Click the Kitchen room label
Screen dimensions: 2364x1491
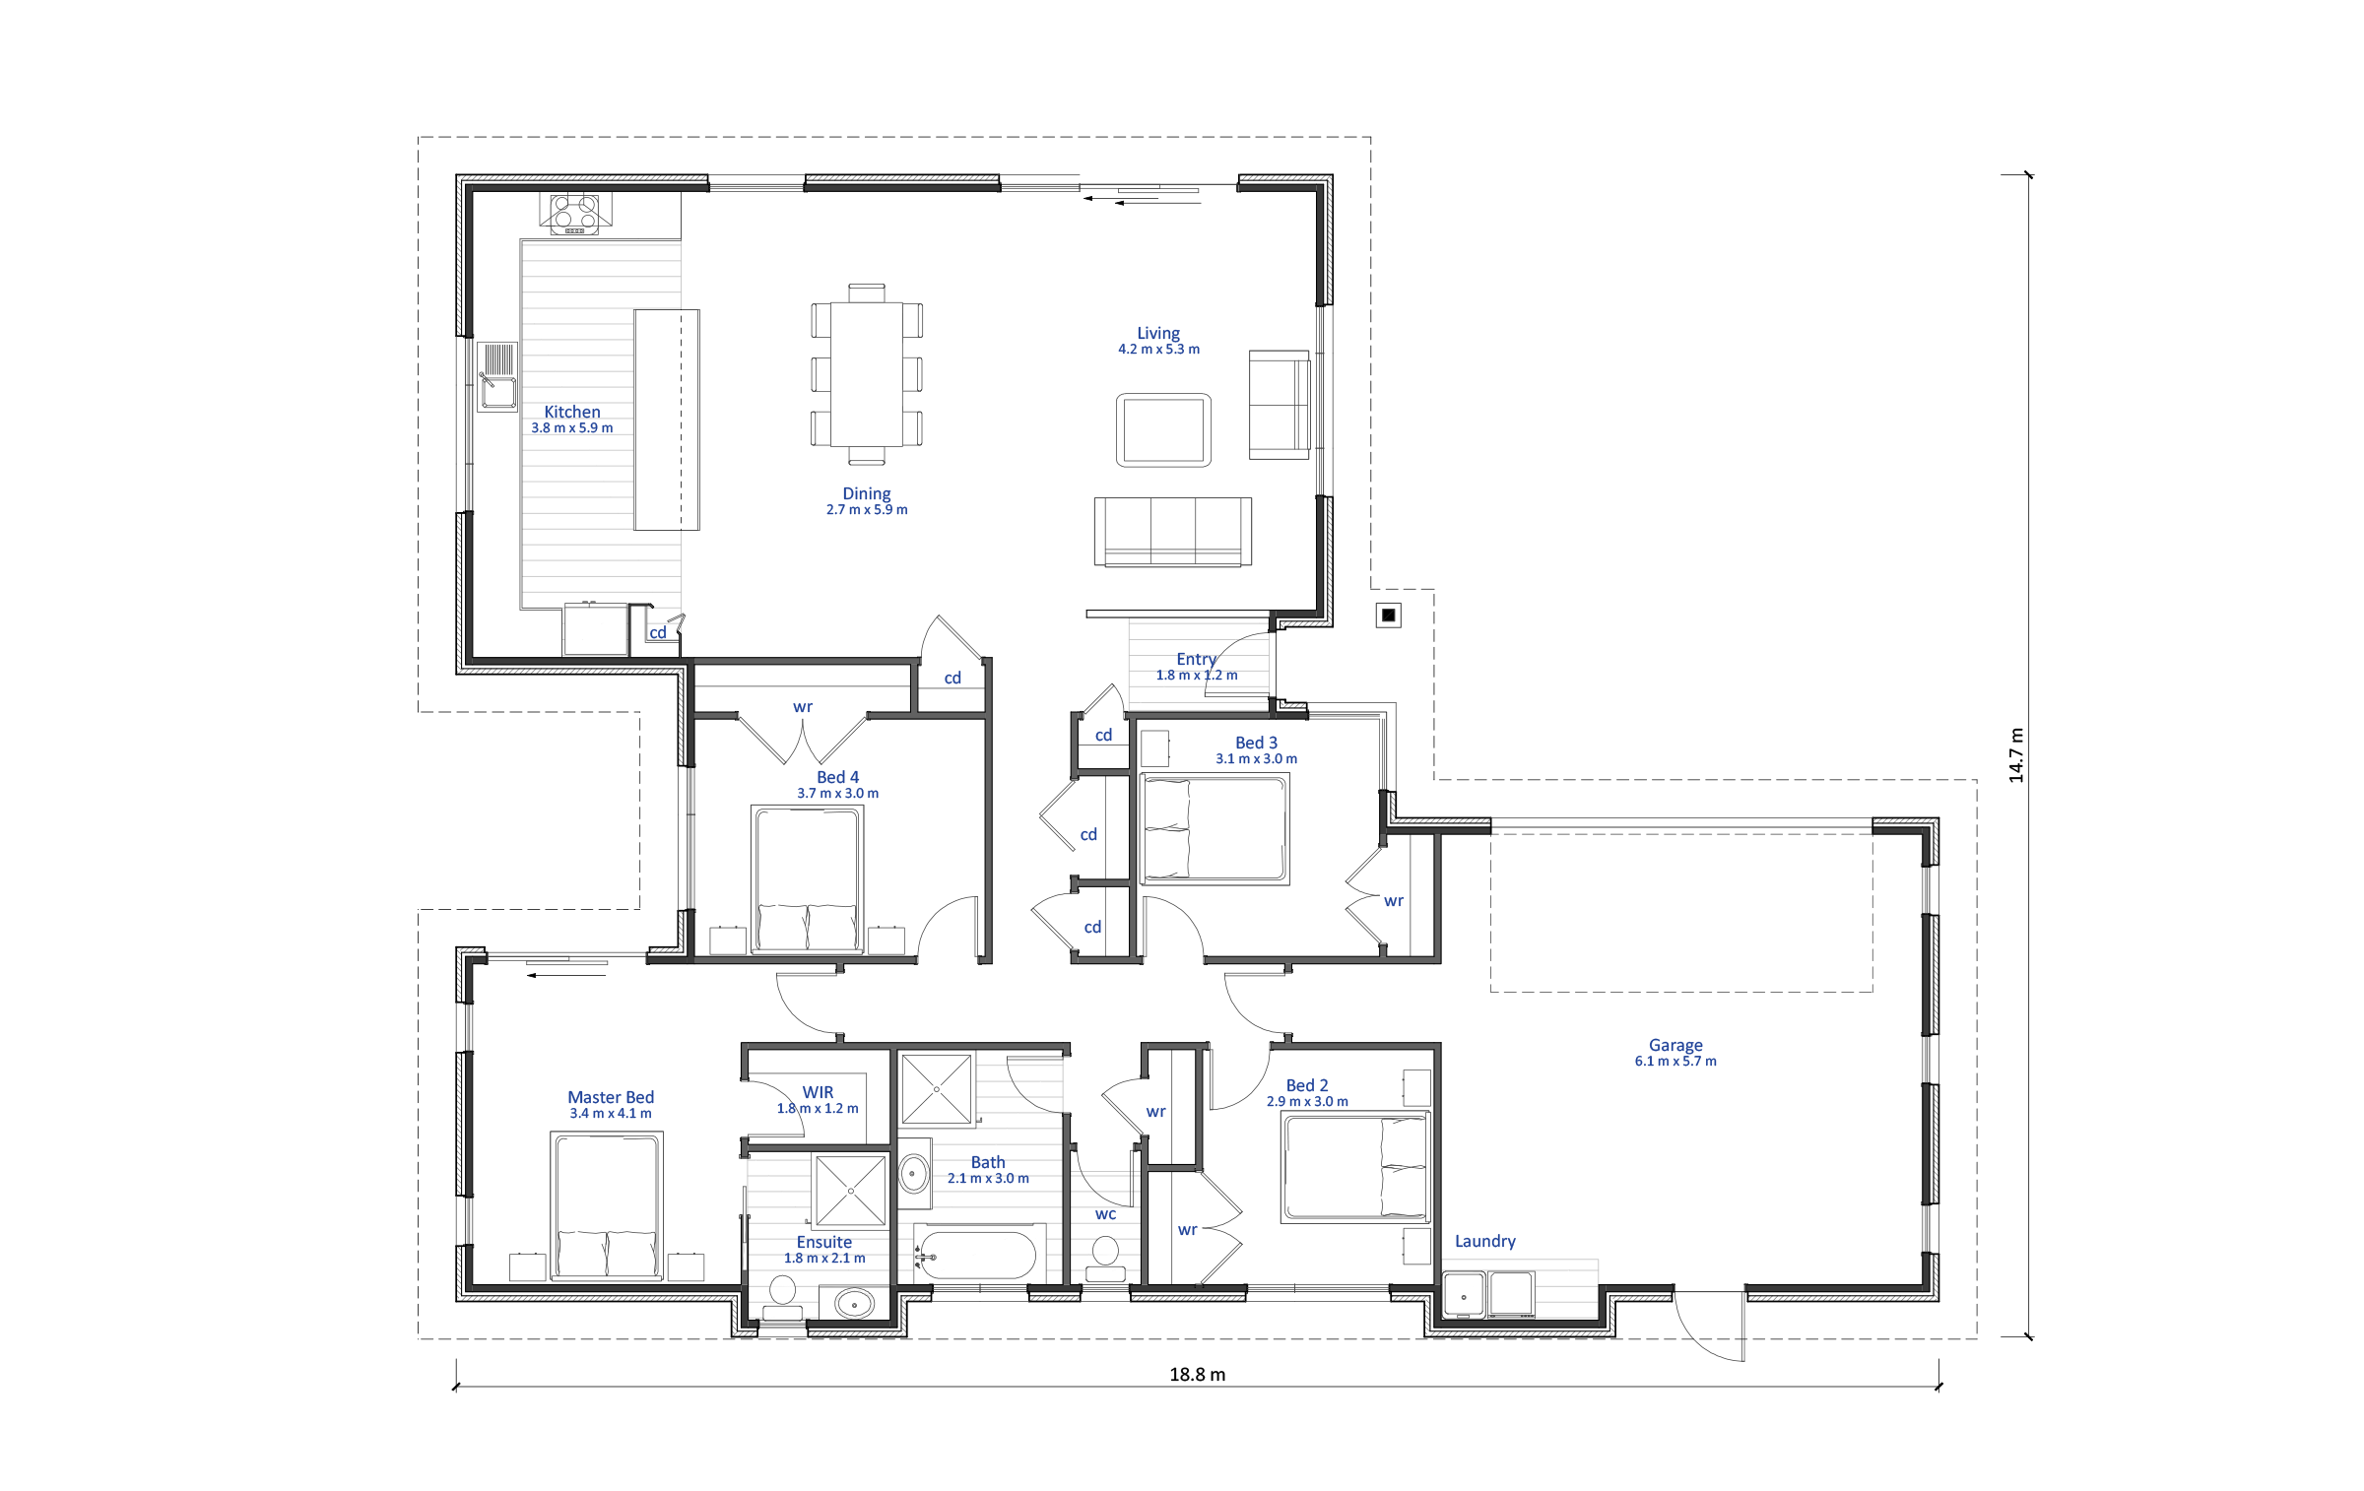point(571,412)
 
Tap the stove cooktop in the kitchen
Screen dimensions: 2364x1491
point(574,214)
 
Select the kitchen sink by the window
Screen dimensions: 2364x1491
point(497,375)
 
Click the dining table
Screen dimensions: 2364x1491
point(867,374)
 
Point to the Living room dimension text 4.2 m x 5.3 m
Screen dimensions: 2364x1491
point(1158,349)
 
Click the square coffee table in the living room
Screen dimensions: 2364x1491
point(1163,430)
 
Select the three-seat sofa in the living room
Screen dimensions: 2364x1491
point(1173,532)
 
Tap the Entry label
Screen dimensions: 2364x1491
point(1196,659)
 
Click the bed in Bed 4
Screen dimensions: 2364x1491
point(808,879)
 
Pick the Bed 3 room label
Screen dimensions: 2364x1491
point(1256,743)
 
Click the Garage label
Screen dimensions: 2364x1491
point(1675,1045)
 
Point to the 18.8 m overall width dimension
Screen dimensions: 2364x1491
point(1198,1375)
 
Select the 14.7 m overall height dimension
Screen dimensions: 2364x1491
point(2016,755)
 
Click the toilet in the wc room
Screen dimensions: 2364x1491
point(1105,1258)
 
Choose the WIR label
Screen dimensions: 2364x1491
point(818,1092)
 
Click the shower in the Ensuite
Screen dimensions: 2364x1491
point(849,1191)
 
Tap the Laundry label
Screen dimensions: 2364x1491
point(1484,1241)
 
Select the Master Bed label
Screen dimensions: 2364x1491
point(611,1097)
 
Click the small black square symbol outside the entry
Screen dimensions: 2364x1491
point(1389,616)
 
